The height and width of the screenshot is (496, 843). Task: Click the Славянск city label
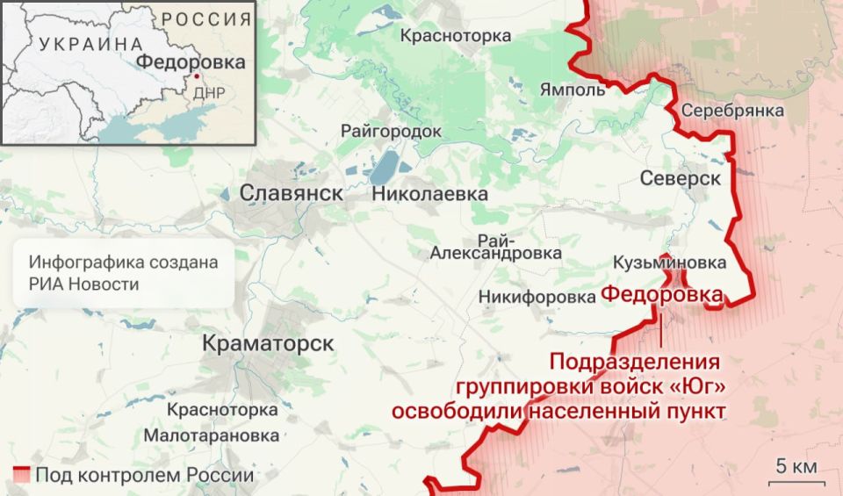point(291,193)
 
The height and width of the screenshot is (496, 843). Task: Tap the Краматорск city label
point(268,343)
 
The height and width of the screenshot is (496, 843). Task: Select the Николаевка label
point(429,193)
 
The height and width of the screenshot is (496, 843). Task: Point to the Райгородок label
point(392,131)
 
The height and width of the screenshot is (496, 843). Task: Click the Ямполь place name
point(573,90)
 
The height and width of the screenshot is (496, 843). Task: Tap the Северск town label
point(680,177)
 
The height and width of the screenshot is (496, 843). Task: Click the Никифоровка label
point(537,298)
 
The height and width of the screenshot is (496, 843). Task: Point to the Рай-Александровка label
point(496,247)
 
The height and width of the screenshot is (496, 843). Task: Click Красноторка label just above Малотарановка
point(222,410)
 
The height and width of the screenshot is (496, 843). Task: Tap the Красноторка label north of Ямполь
point(456,36)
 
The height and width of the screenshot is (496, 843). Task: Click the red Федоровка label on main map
point(662,296)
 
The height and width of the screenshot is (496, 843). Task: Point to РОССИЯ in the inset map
point(205,18)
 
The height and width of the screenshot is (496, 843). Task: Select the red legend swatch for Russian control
point(22,475)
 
